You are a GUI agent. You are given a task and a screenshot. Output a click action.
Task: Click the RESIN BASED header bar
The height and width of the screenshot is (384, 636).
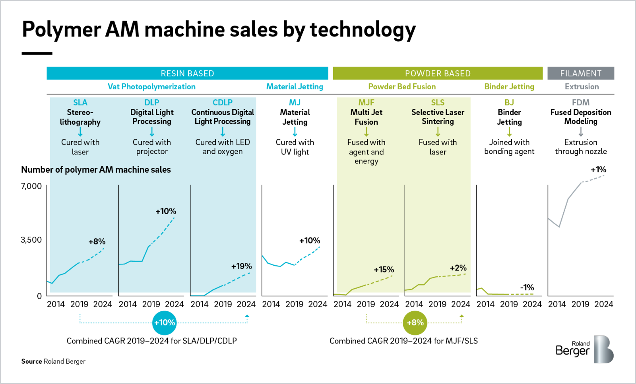[x=187, y=73]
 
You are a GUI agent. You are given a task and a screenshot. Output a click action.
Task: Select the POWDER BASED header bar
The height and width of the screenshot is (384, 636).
[x=438, y=73]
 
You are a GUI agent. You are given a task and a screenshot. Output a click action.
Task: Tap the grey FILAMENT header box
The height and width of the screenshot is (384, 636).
[x=581, y=73]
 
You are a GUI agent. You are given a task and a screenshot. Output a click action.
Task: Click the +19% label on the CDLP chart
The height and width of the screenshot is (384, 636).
[x=242, y=266]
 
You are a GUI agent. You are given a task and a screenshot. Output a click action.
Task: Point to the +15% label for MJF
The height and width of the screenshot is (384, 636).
[x=384, y=270]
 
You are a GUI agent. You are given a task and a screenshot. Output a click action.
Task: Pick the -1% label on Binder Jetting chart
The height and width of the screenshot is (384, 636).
[x=527, y=288]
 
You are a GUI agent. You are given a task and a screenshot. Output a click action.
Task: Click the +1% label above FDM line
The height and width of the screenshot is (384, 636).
[x=598, y=170]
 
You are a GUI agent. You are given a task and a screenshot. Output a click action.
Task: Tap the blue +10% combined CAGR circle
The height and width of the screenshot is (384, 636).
[x=165, y=322]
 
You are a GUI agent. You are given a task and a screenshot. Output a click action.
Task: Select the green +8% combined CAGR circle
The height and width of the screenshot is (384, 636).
[x=415, y=322]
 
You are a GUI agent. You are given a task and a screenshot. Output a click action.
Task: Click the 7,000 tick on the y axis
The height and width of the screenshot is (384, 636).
[x=31, y=186]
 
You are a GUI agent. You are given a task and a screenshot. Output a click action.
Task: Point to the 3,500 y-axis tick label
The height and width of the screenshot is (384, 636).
[x=31, y=240]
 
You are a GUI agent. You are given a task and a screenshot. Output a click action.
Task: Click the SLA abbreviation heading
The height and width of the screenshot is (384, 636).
[x=80, y=102]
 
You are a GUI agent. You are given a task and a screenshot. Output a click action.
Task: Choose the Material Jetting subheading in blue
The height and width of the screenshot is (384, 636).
[x=295, y=87]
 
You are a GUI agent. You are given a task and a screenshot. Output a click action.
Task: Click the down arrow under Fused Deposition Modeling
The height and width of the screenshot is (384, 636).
[x=581, y=131]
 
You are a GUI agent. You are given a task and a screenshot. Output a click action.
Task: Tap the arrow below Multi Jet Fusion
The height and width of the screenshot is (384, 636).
[x=366, y=131]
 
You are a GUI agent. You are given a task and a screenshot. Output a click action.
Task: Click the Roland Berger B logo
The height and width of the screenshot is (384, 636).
[x=603, y=349]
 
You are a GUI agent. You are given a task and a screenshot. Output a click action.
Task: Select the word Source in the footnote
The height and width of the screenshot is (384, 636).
[x=31, y=361]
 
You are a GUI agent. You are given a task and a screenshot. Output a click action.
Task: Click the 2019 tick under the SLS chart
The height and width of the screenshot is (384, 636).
[x=437, y=304]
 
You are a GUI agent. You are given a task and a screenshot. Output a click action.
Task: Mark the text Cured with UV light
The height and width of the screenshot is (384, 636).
[x=295, y=147]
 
